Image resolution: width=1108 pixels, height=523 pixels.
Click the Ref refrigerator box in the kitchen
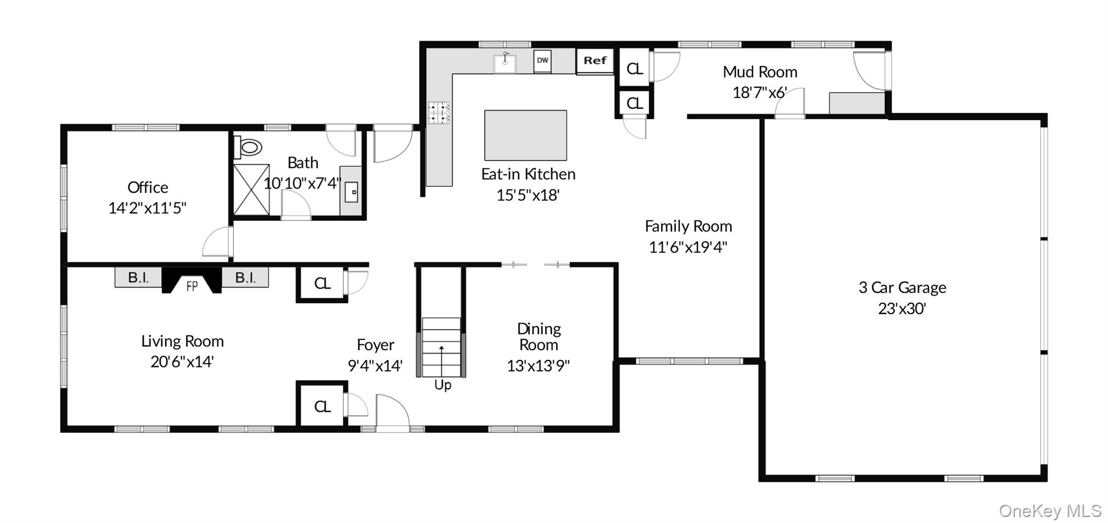click(x=595, y=61)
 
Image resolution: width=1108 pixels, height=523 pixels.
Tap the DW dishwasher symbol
click(x=542, y=61)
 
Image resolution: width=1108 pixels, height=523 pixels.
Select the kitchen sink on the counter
click(x=505, y=64)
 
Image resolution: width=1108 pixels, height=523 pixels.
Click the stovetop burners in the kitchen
click(x=439, y=113)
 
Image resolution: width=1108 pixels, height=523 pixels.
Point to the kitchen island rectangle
click(x=525, y=135)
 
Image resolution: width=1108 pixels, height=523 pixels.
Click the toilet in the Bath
click(x=249, y=147)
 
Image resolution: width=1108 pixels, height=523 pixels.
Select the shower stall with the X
click(x=251, y=189)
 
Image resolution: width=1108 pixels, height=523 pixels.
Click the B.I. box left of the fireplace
click(x=138, y=278)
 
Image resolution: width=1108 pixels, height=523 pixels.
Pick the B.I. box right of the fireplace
click(x=245, y=278)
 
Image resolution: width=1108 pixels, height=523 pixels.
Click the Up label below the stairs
click(x=443, y=385)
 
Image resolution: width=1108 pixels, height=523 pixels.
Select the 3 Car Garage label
click(x=902, y=287)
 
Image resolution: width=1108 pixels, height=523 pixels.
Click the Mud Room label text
click(x=760, y=72)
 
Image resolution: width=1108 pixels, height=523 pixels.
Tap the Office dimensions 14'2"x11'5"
click(x=147, y=208)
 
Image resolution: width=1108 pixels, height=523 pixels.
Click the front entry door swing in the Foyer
click(x=392, y=412)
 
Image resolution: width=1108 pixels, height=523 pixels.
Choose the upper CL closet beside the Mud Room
click(x=634, y=69)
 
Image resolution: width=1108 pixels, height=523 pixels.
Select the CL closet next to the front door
click(x=322, y=407)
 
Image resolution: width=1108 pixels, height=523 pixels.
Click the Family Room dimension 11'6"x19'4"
click(x=688, y=247)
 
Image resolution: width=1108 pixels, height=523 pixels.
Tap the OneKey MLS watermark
click(x=1050, y=511)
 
